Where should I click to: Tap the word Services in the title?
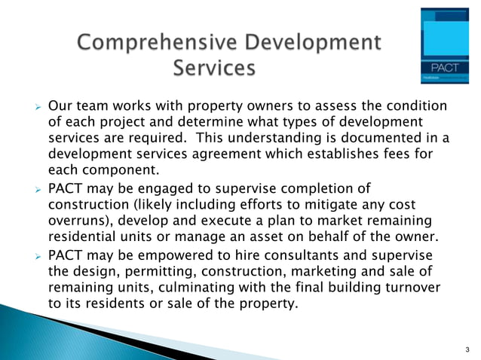click(x=214, y=69)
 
